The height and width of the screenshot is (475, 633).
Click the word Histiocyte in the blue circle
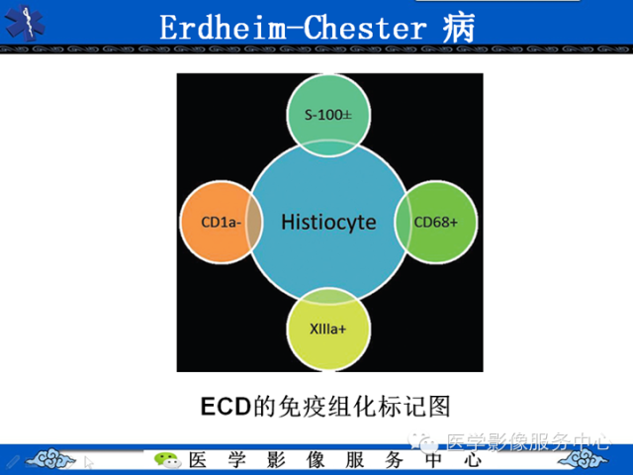(328, 222)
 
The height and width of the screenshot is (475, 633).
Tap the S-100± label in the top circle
(328, 115)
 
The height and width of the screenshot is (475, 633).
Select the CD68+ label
(436, 222)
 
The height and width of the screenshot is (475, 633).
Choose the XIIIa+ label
(328, 326)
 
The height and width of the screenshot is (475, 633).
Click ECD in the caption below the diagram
(222, 406)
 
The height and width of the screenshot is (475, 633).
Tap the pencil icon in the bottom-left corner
(11, 461)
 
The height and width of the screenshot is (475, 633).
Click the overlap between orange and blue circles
(254, 222)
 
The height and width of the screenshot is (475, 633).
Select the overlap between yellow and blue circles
(328, 294)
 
